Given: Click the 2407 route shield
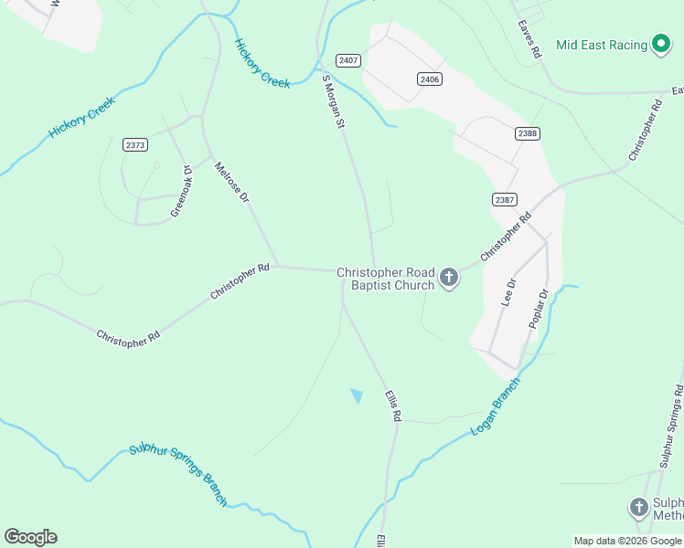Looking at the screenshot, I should coord(347,60).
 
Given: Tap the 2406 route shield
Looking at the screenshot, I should coord(430,79).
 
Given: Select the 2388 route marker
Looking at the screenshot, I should coord(528,133).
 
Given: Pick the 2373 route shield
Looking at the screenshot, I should coord(136,144).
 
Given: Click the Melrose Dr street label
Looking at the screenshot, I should coord(232,184).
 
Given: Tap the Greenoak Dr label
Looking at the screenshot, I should coord(181,192).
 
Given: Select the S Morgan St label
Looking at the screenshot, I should coord(333,101).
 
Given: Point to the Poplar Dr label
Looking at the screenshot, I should coord(538,309).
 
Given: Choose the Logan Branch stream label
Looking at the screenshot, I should coord(495,406).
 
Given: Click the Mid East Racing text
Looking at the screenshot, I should coord(601,45).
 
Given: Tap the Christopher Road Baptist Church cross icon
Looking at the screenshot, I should coord(449,279).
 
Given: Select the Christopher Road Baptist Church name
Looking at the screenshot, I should coord(385,279).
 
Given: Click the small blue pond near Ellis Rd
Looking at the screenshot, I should coord(357,395).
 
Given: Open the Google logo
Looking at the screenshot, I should coord(30,537).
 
